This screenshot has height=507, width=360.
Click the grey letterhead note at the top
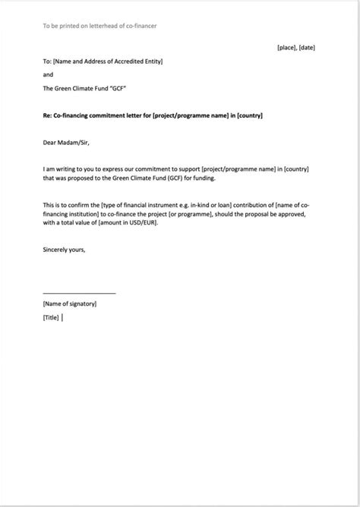tap(99, 26)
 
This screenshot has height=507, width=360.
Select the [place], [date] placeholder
tap(296, 48)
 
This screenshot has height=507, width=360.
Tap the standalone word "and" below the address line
tap(48, 75)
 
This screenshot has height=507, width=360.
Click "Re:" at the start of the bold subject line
tap(48, 115)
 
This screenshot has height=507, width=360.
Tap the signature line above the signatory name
tap(80, 293)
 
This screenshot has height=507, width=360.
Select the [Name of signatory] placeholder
tap(70, 304)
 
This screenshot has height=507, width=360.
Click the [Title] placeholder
tap(51, 318)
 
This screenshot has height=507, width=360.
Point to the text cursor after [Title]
tap(62, 318)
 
